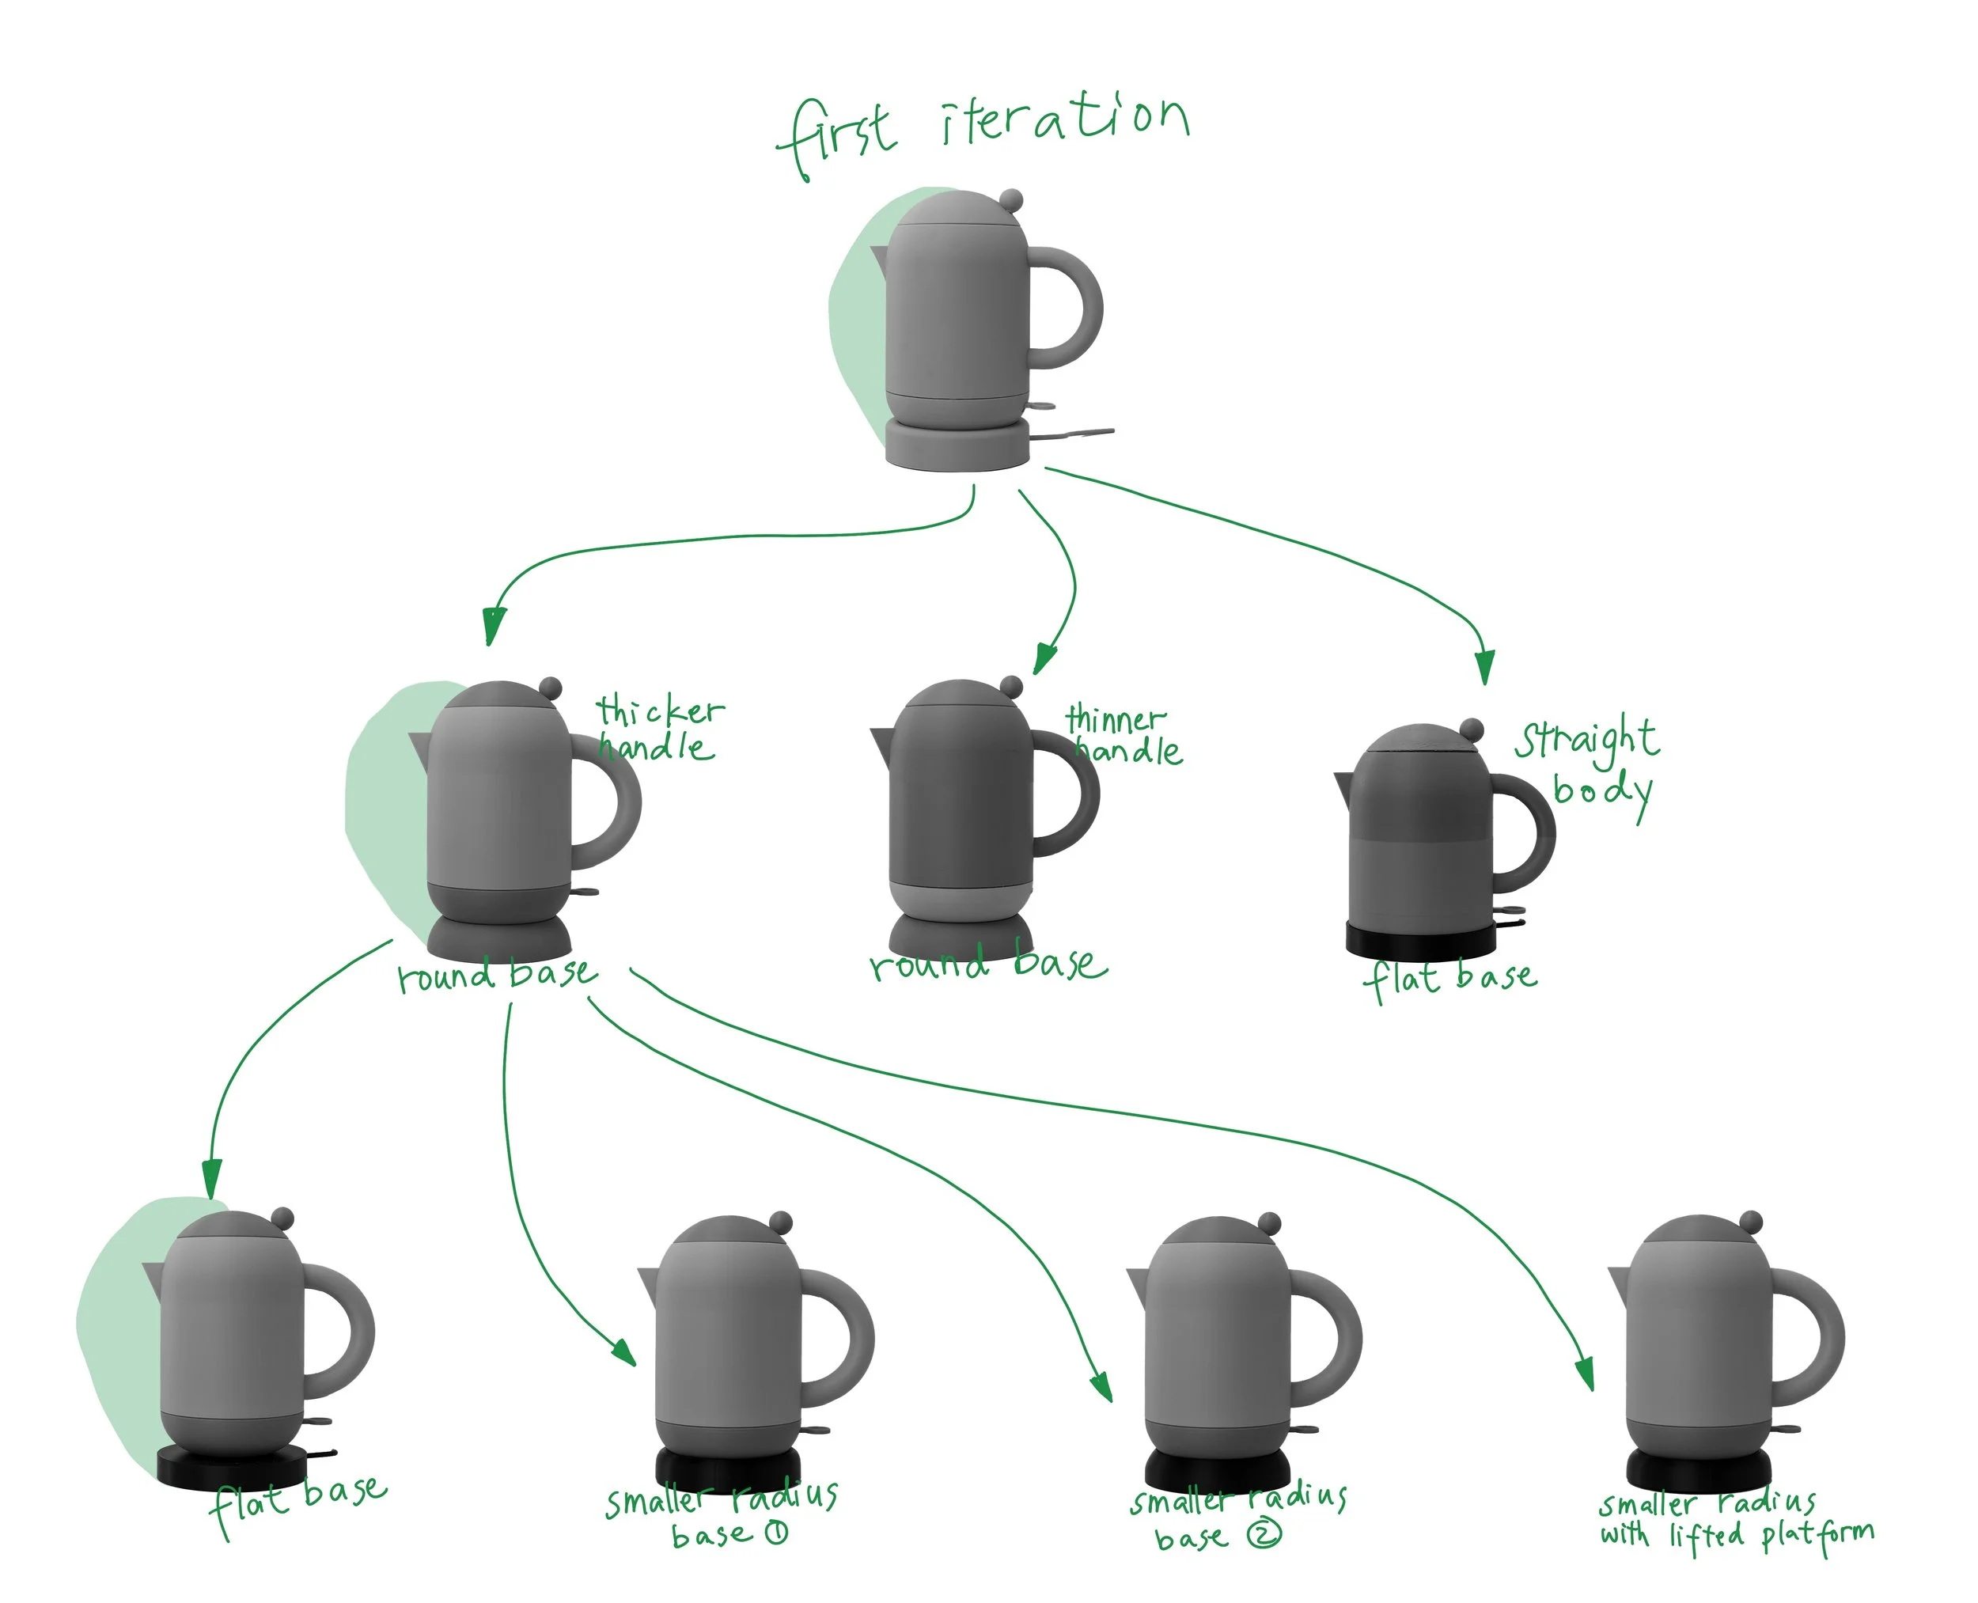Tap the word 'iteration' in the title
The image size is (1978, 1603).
tap(1065, 121)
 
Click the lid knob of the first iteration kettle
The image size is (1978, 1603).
tap(1011, 199)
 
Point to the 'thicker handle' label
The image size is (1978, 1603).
tap(657, 729)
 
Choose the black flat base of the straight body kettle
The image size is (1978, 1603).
tap(1420, 941)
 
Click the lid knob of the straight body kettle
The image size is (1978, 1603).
tap(1472, 730)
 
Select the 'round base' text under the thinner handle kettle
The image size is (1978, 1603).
tap(987, 964)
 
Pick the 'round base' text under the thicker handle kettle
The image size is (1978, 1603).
tap(498, 974)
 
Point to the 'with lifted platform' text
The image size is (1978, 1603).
tap(1736, 1536)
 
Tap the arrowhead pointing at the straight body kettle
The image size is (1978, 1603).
tap(1484, 667)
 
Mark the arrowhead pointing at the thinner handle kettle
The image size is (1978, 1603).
tap(1044, 657)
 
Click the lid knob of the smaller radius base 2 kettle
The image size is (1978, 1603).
tap(1270, 1223)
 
